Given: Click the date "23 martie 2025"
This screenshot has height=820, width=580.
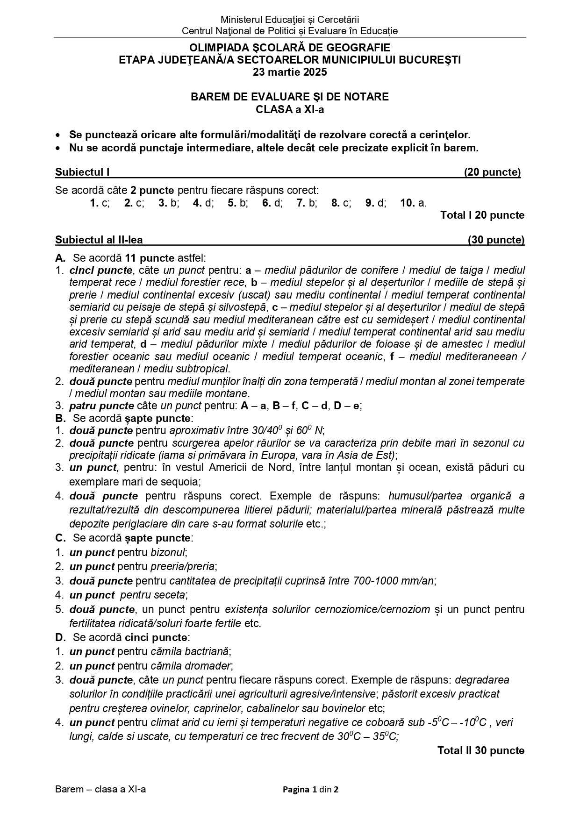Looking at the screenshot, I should [290, 72].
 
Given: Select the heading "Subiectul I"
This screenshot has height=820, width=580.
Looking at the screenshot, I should [82, 172].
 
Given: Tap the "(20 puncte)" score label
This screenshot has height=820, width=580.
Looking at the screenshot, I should [492, 172].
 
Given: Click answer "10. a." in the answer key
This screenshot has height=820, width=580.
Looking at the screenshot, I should [413, 203].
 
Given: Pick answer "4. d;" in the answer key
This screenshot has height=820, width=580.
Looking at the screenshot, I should [203, 203].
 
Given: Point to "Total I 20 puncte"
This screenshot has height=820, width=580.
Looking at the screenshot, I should [482, 215].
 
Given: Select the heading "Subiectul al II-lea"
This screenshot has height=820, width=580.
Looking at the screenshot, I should [99, 240].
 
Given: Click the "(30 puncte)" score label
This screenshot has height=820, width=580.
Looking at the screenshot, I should [496, 240].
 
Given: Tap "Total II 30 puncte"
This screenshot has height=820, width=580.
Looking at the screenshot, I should [480, 750].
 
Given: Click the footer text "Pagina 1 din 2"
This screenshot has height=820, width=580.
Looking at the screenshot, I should [310, 790].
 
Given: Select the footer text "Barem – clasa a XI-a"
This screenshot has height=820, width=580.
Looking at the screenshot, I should [100, 790].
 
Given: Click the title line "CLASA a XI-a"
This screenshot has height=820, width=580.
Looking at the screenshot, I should [290, 110].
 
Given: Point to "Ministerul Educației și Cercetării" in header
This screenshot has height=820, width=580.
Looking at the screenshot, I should [290, 20].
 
